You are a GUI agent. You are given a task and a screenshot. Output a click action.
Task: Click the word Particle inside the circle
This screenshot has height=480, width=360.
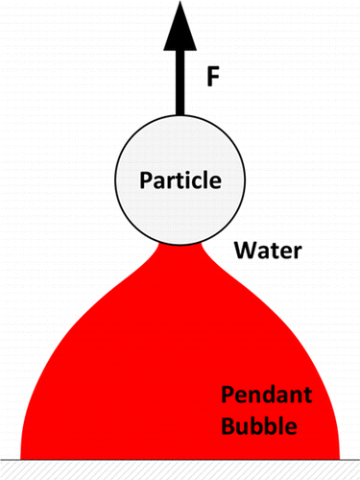(180, 180)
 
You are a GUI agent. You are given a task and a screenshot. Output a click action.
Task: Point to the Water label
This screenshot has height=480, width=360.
(270, 252)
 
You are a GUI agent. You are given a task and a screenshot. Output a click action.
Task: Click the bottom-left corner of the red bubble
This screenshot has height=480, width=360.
(21, 455)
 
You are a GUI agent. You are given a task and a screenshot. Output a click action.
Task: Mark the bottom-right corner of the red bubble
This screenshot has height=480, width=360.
(340, 455)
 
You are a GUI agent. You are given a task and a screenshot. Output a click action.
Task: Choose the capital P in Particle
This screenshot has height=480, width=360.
(145, 180)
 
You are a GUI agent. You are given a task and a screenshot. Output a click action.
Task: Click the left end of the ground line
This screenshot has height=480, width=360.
(2, 458)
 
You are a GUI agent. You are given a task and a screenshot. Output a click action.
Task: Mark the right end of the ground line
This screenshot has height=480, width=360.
(358, 458)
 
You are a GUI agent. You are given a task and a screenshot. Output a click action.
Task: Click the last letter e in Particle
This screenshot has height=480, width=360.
(216, 181)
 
